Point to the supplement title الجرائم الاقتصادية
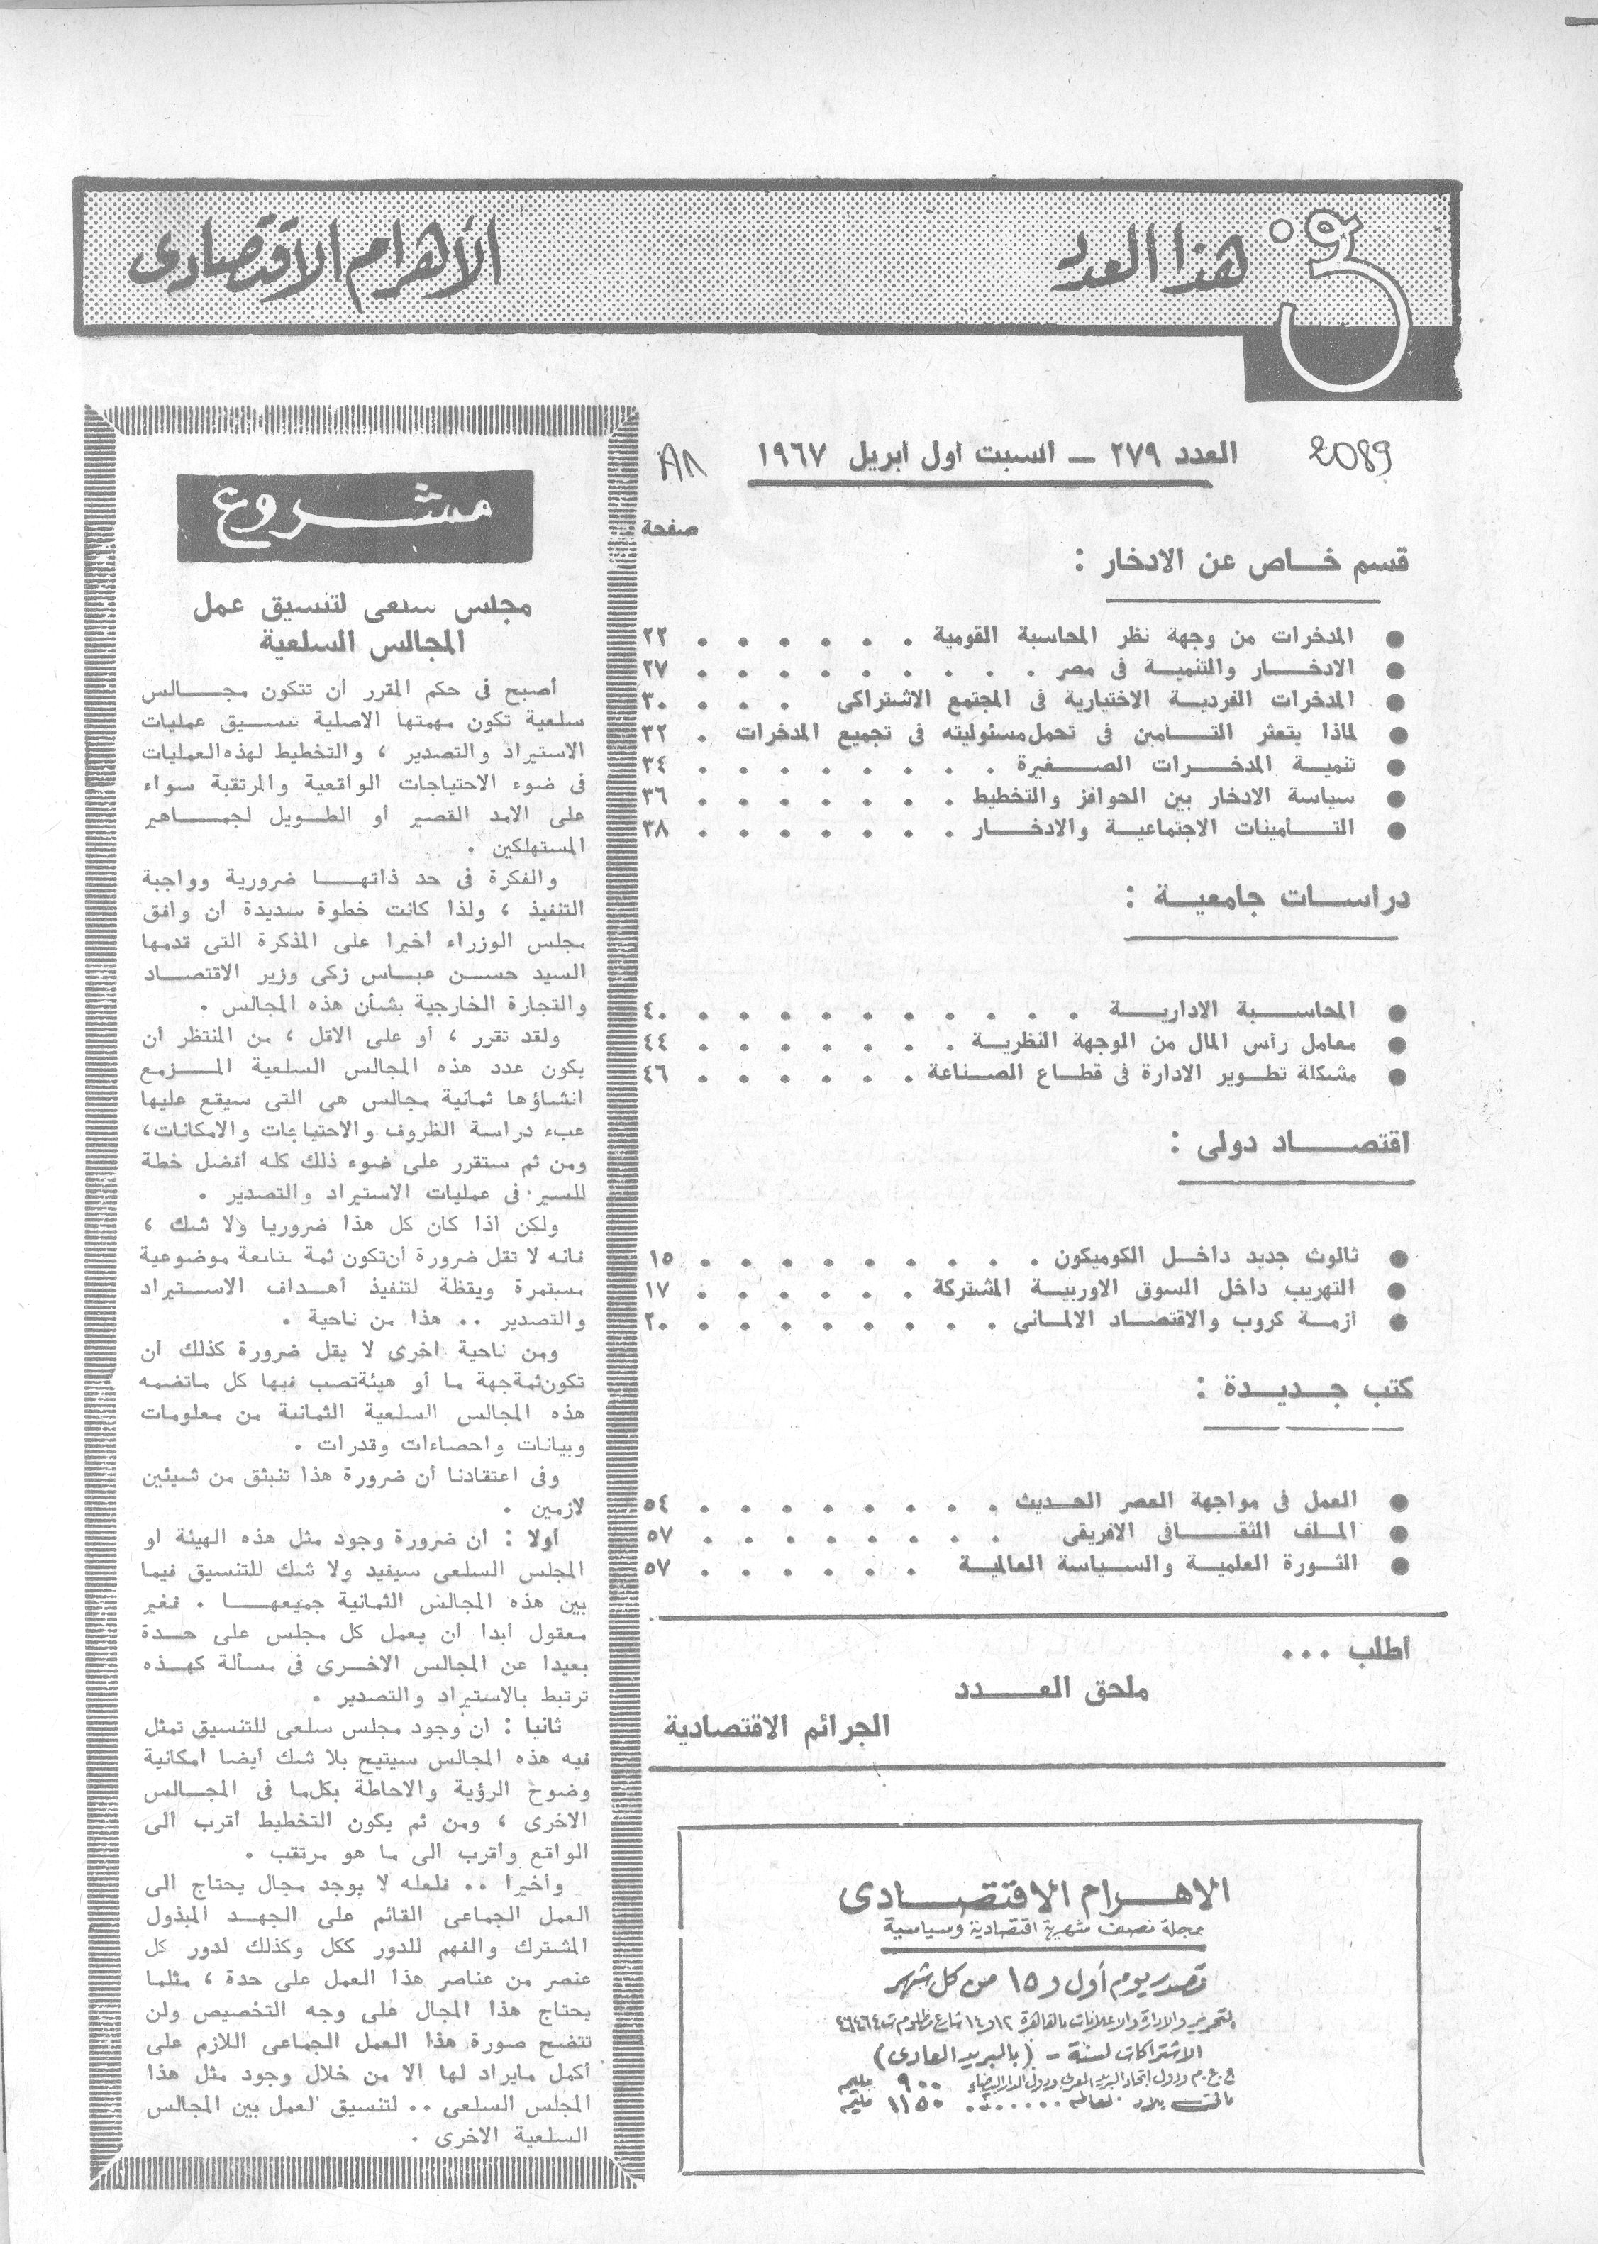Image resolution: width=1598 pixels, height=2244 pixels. coord(778,1726)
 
